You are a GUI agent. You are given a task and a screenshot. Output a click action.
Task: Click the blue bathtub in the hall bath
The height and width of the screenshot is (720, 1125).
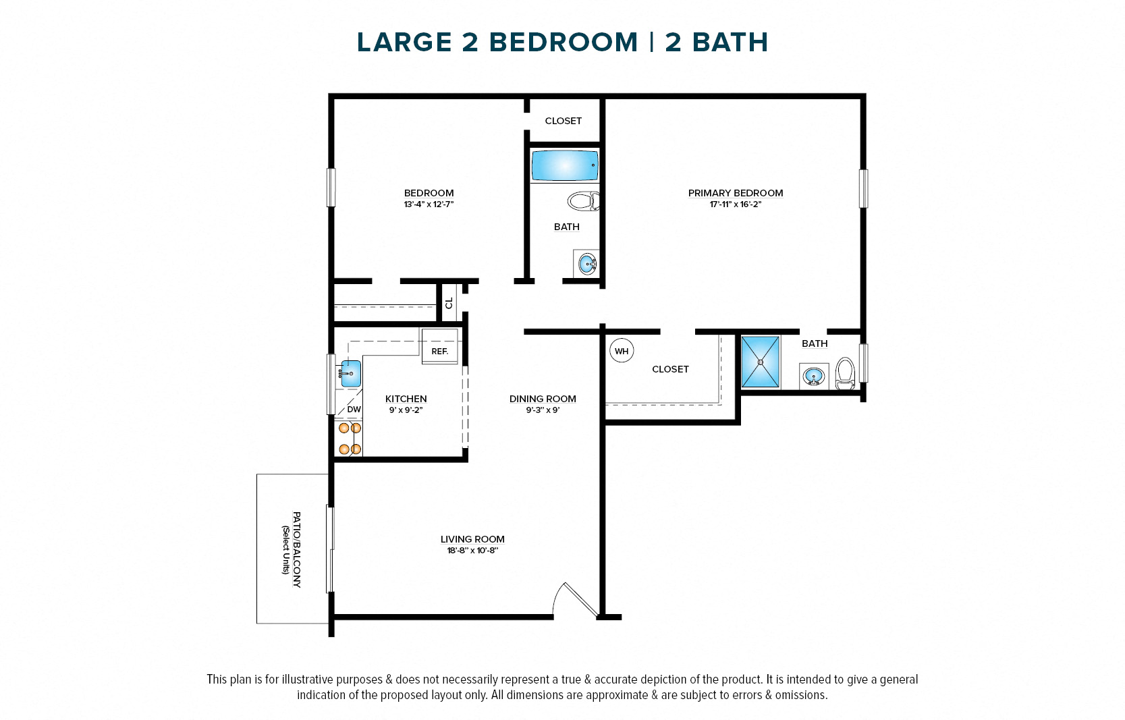pyautogui.click(x=565, y=165)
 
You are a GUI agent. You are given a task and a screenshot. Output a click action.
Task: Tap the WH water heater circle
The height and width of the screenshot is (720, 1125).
pyautogui.click(x=622, y=351)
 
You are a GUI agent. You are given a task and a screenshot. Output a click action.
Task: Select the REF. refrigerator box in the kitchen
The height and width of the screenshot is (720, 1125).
pyautogui.click(x=440, y=351)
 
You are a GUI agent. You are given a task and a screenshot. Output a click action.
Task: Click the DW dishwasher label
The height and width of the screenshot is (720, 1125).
pyautogui.click(x=354, y=410)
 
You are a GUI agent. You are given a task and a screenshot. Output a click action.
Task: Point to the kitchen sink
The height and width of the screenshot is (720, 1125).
pyautogui.click(x=350, y=373)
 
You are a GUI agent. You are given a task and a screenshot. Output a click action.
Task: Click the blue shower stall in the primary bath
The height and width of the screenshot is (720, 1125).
pyautogui.click(x=761, y=362)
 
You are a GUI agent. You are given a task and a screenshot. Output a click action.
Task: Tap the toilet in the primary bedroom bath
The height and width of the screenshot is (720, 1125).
pyautogui.click(x=845, y=374)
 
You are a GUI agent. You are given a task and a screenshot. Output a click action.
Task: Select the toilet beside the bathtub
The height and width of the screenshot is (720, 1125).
pyautogui.click(x=584, y=201)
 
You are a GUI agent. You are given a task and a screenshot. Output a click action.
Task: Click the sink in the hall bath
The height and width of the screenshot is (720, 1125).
pyautogui.click(x=586, y=263)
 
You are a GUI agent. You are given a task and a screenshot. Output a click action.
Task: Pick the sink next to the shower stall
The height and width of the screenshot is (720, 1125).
pyautogui.click(x=814, y=377)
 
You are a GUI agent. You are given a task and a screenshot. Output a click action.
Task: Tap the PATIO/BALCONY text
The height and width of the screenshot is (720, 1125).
pyautogui.click(x=296, y=549)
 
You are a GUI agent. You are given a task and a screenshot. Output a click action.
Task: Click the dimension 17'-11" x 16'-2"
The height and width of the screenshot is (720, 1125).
pyautogui.click(x=735, y=204)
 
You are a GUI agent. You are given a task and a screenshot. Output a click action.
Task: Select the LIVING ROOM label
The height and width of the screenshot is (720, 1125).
pyautogui.click(x=472, y=539)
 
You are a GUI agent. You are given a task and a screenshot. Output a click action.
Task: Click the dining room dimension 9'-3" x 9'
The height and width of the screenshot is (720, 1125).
pyautogui.click(x=543, y=410)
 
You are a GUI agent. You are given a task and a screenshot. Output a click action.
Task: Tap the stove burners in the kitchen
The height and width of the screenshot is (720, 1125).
pyautogui.click(x=350, y=439)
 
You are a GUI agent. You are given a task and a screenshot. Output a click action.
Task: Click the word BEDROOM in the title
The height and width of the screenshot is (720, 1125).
pyautogui.click(x=563, y=42)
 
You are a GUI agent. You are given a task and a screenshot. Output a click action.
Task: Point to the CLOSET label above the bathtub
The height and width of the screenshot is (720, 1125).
pyautogui.click(x=563, y=121)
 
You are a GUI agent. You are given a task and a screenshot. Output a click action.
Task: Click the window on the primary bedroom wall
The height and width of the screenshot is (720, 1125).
pyautogui.click(x=863, y=188)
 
